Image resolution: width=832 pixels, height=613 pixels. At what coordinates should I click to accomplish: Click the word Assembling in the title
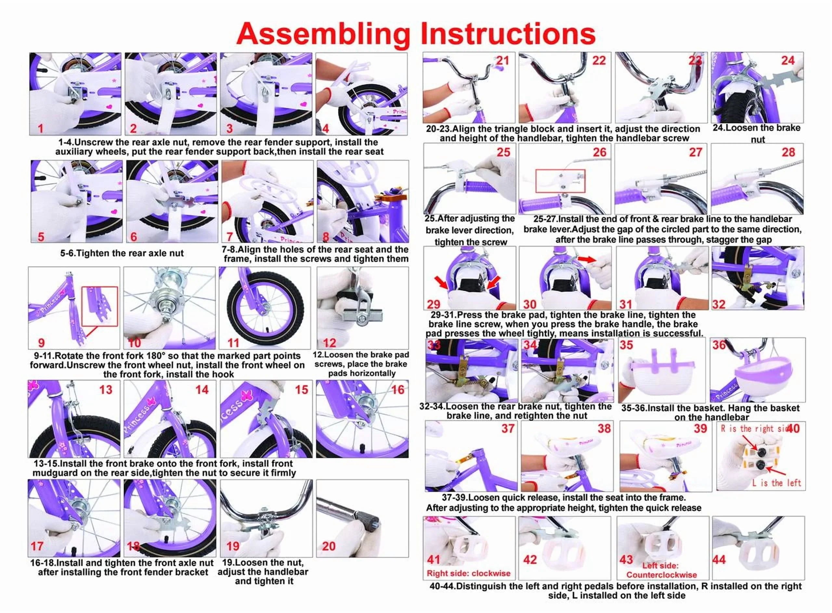[322, 34]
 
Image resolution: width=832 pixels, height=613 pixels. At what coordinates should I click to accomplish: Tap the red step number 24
[787, 60]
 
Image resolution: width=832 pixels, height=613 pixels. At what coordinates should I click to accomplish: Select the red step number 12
[329, 343]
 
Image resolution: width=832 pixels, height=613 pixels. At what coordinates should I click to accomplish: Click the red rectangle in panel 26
[560, 181]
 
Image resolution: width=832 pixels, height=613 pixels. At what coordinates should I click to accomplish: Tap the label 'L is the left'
[776, 483]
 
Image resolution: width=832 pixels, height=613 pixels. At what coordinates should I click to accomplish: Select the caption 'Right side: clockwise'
[468, 573]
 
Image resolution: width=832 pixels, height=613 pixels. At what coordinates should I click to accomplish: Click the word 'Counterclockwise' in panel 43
[661, 575]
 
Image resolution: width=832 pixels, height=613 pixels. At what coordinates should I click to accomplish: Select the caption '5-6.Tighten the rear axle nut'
[122, 254]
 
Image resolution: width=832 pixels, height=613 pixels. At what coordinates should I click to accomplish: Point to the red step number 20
[329, 546]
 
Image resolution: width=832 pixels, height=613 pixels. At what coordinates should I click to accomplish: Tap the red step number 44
[719, 560]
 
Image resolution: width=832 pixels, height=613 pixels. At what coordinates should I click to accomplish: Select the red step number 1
[41, 128]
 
